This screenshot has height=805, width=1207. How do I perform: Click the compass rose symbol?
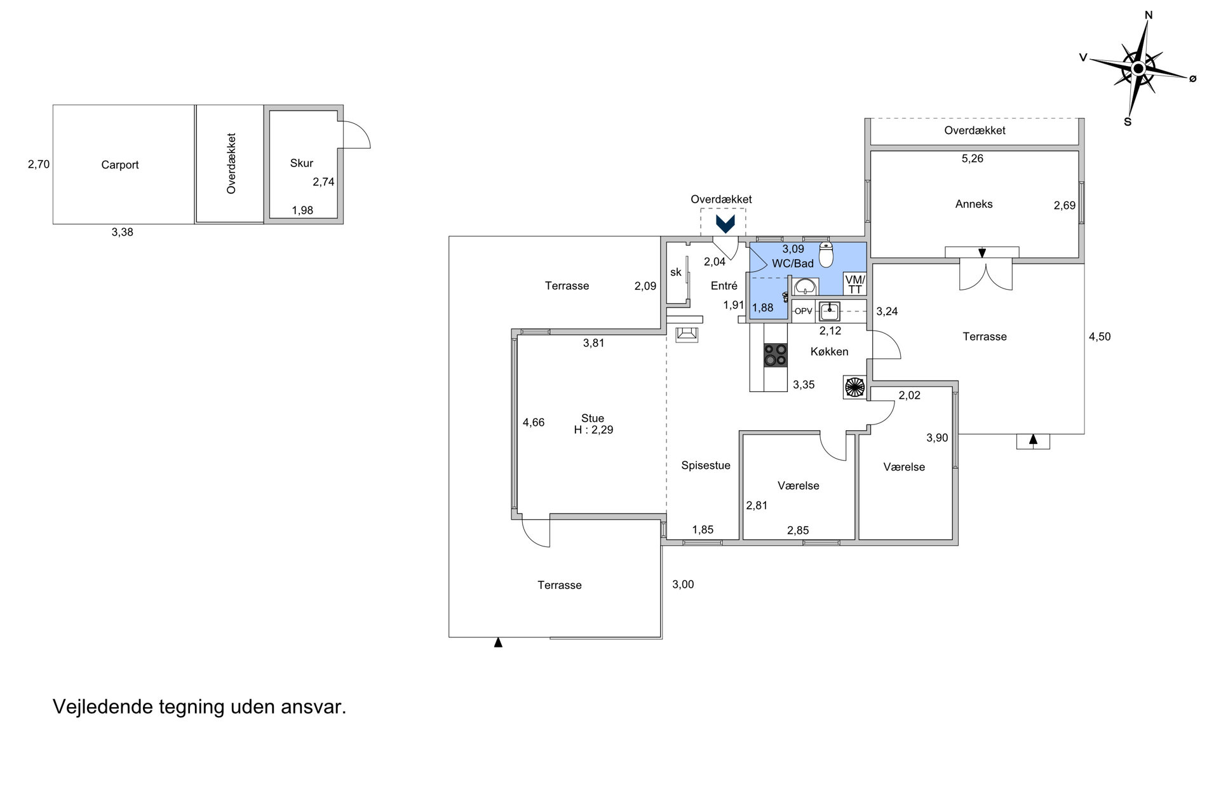pos(1138,69)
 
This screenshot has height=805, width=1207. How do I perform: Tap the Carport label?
pos(119,165)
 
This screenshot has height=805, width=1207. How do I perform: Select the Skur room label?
pos(302,163)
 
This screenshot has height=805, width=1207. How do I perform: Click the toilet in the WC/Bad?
pos(826,254)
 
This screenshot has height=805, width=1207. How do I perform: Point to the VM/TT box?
pos(855,284)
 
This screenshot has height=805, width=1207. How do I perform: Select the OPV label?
pos(804,311)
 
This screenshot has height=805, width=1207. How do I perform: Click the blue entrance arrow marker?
pos(725,224)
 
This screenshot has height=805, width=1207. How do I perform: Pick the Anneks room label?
pos(974,204)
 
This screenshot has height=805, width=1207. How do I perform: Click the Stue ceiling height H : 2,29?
pos(593,430)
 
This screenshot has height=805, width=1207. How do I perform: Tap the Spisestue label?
pos(706,466)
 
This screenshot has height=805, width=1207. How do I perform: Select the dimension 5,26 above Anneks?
pos(973,159)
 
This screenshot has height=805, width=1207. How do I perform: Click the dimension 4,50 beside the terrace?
pos(1100,337)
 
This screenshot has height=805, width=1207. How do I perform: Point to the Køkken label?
pos(830,352)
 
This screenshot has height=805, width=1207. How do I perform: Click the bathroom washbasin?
pos(806,287)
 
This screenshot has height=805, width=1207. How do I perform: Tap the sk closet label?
pos(676,273)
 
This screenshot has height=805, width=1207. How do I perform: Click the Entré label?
pos(724,286)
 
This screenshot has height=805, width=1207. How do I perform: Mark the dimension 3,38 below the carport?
pos(123,233)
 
